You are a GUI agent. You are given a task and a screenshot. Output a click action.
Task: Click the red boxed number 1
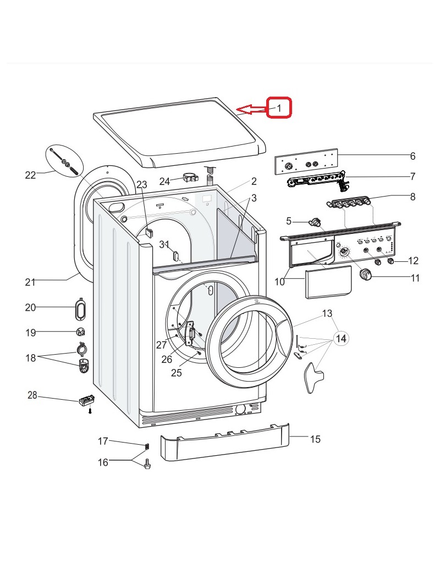[x=279, y=108]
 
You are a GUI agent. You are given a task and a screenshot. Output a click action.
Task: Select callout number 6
[x=413, y=156]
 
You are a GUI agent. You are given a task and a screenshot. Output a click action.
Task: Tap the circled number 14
[x=341, y=339]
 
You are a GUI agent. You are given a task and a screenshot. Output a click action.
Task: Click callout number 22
[x=30, y=175]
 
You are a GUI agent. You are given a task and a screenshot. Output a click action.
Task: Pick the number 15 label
[x=315, y=439]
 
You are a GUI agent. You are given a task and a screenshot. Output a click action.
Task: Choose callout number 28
[x=32, y=395]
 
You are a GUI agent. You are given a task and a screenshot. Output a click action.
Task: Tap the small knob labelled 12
[x=391, y=261]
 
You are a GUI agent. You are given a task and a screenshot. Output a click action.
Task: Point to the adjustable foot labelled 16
[x=147, y=465]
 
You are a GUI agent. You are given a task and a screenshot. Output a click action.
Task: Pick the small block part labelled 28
[x=86, y=401]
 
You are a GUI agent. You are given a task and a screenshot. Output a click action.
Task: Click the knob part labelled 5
[x=316, y=222]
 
